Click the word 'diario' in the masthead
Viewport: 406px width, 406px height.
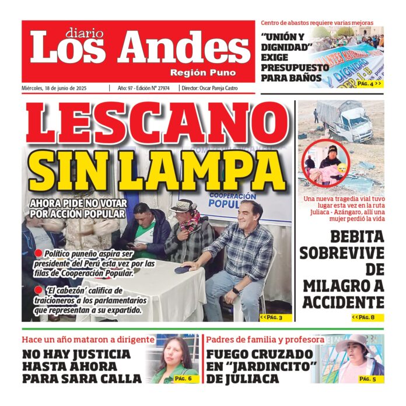pyautogui.click(x=84, y=33)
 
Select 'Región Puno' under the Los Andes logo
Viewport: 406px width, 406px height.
pyautogui.click(x=203, y=73)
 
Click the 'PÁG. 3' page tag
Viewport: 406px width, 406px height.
pyautogui.click(x=272, y=317)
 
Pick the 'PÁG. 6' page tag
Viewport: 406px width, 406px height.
pyautogui.click(x=183, y=379)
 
